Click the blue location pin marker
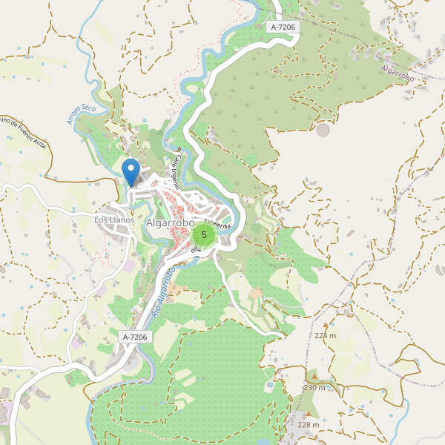[131, 171]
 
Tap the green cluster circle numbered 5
[204, 235]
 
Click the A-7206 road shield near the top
[283, 27]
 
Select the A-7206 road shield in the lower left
[135, 337]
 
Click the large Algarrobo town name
[170, 222]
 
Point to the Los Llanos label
[114, 220]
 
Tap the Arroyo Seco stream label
[82, 113]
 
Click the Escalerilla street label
[217, 221]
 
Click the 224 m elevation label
[325, 335]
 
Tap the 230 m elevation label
[314, 388]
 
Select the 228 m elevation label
[308, 425]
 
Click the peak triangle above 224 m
[325, 325]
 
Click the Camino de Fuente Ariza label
[23, 133]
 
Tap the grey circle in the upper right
[323, 130]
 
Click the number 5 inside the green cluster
[204, 235]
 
